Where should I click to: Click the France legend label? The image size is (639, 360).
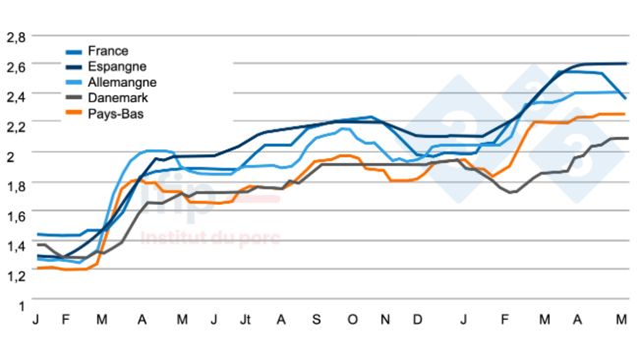108,50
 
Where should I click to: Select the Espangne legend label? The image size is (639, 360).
118,66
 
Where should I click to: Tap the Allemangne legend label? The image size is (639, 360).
122,82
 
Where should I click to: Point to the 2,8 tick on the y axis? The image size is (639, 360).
16,37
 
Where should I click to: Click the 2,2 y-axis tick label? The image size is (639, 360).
16,127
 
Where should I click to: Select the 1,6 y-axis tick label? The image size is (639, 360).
16,216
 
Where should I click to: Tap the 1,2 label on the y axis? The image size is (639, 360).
16,276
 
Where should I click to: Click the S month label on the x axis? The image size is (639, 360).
316,321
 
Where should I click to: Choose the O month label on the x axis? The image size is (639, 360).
351,321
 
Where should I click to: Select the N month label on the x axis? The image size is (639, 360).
385,321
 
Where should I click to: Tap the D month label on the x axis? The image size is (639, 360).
418,321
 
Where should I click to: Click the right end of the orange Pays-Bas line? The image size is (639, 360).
625,114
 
